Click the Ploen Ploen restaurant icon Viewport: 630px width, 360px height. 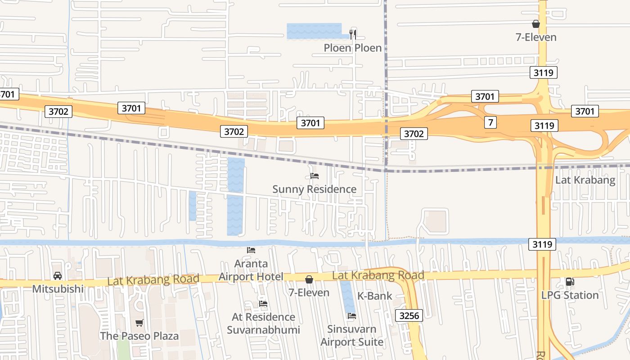(353, 34)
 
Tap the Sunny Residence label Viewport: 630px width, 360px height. (314, 189)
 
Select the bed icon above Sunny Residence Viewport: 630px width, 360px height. (315, 176)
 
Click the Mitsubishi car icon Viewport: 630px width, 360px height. (58, 275)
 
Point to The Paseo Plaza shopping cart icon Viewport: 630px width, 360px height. (139, 323)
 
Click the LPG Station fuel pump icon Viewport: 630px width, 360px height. (569, 282)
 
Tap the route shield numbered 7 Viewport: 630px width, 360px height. (490, 122)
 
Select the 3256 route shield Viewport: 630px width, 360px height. (409, 315)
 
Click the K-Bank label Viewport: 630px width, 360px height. (374, 296)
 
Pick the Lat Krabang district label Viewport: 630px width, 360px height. (585, 180)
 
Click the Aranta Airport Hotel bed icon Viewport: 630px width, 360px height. (251, 250)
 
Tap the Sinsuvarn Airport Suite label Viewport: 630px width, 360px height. (352, 335)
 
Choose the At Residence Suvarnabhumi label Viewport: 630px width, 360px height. (263, 324)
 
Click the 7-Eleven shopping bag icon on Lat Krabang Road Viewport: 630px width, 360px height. (309, 279)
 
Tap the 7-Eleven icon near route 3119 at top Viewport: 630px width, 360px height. (536, 24)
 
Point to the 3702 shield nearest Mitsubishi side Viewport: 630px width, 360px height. (58, 111)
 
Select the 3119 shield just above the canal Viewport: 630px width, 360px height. (542, 244)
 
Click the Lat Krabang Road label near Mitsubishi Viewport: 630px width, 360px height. (153, 280)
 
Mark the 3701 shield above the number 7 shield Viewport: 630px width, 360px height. (485, 96)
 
